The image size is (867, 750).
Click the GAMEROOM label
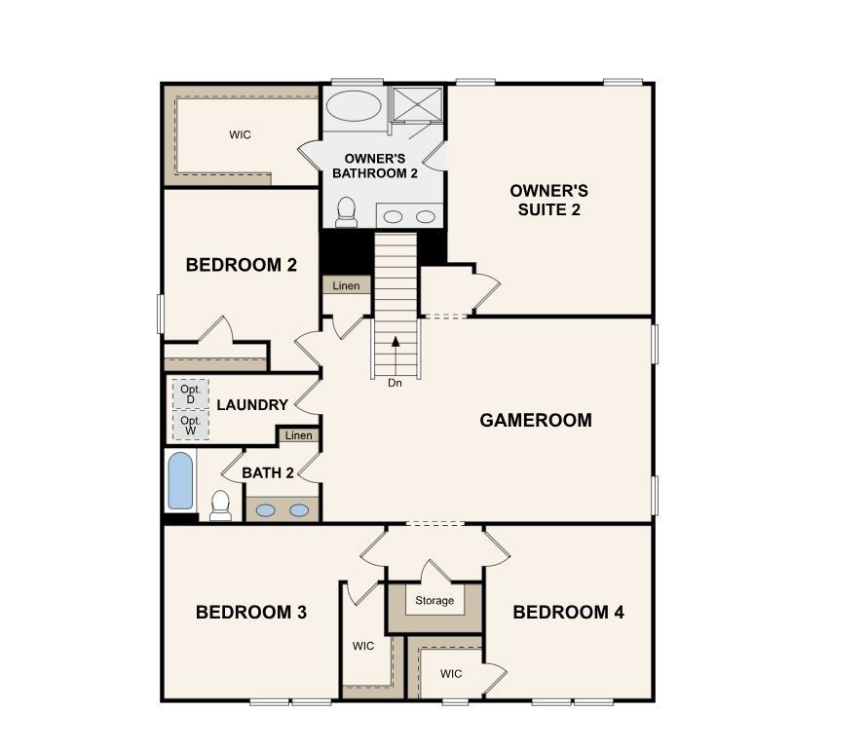[x=536, y=421]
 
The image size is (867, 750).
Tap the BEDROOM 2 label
[x=241, y=264]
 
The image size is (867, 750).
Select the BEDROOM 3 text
[x=251, y=613]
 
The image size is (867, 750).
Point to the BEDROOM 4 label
[x=568, y=613]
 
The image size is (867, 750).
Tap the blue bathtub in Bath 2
[x=180, y=480]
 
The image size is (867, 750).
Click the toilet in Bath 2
[x=220, y=506]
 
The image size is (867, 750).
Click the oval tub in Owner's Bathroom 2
[x=353, y=106]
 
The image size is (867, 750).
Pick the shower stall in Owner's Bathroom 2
[x=417, y=104]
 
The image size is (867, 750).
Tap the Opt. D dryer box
[x=190, y=394]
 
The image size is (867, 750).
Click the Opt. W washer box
[x=190, y=426]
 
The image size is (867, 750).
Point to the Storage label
[x=434, y=601]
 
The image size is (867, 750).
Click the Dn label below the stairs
[x=395, y=383]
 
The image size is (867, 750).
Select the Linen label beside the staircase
[x=346, y=286]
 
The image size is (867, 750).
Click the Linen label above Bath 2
[x=299, y=435]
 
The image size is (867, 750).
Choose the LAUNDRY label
[x=252, y=405]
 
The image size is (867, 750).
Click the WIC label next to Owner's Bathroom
[x=240, y=135]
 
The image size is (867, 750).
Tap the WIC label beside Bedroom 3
[x=363, y=645]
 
